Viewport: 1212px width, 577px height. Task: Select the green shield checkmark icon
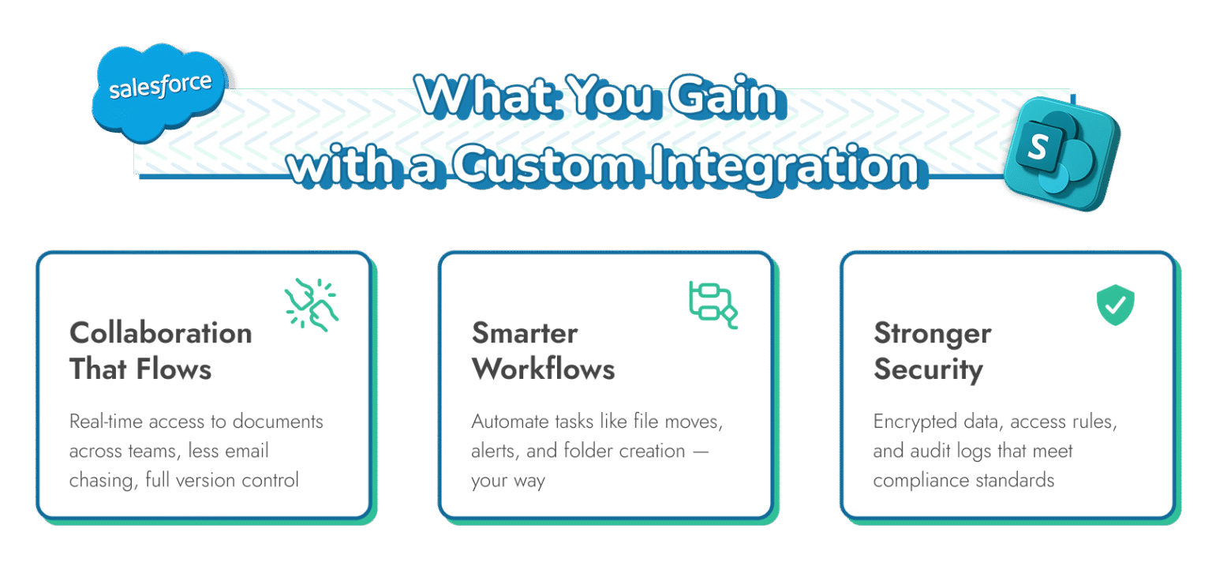(x=1115, y=305)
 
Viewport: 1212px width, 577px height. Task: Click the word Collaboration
(x=161, y=333)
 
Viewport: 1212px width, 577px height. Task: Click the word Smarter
(x=525, y=333)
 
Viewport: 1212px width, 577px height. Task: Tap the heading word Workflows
(x=543, y=369)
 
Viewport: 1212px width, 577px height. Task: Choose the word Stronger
(x=932, y=333)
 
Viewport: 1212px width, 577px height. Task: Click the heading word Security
(x=928, y=369)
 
